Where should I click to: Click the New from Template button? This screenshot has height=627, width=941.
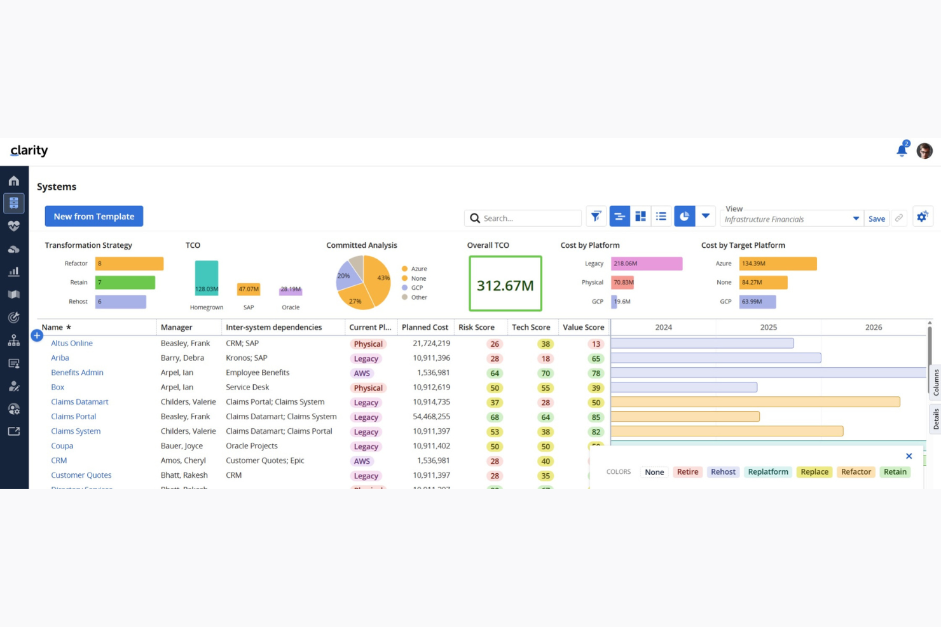(93, 216)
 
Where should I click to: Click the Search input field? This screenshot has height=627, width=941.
(529, 218)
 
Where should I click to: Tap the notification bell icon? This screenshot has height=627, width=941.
(902, 151)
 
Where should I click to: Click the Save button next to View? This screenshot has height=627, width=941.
(876, 219)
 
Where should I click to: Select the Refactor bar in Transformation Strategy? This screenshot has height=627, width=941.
(129, 264)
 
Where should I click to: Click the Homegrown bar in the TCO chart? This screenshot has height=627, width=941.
(207, 278)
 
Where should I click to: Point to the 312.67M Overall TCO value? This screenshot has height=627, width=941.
(505, 285)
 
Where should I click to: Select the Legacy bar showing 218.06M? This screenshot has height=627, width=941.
(646, 264)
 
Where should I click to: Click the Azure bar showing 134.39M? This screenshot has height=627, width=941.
(777, 264)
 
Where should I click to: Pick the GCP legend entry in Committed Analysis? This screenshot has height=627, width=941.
(416, 288)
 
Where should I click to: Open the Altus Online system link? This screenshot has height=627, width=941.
(72, 343)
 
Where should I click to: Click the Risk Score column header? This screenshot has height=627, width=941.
(476, 327)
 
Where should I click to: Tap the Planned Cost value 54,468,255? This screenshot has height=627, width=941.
(431, 417)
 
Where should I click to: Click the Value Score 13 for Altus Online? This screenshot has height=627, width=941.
(596, 344)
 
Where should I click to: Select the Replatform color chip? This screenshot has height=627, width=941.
(767, 472)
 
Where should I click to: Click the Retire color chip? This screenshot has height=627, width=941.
(687, 472)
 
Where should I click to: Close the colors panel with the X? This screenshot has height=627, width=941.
(909, 456)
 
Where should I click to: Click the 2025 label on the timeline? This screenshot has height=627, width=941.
(768, 327)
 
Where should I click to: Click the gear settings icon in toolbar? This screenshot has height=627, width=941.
(922, 217)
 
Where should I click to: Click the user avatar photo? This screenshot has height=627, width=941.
(924, 151)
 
